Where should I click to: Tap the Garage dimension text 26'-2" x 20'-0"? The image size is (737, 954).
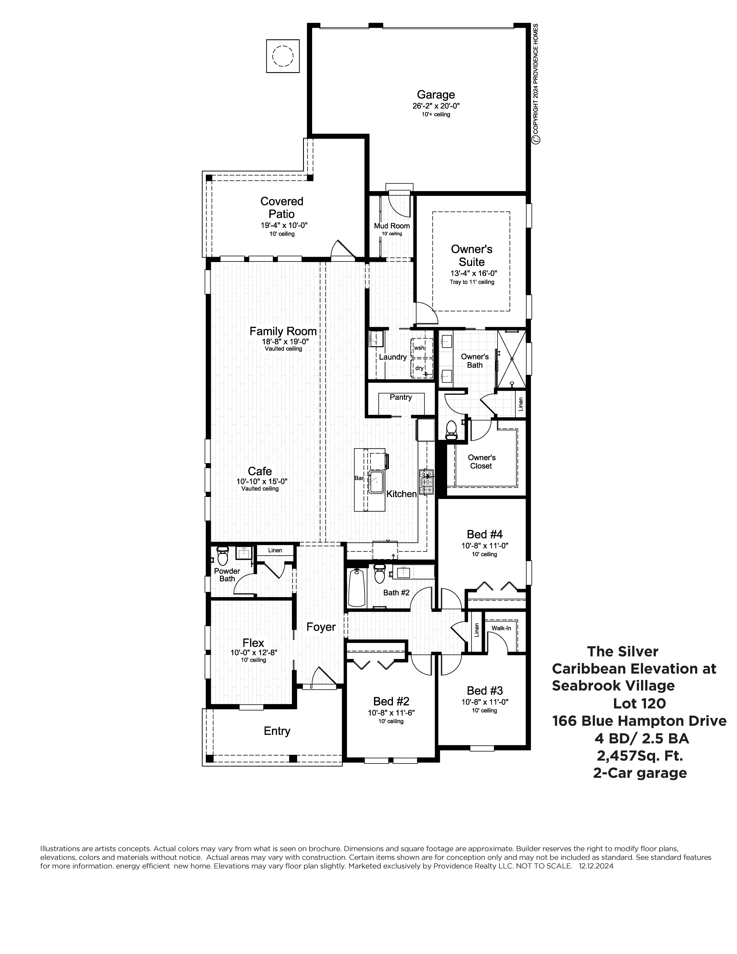coord(436,106)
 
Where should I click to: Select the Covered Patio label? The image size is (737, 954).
coord(282,207)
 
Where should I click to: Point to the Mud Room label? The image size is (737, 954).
coord(392,226)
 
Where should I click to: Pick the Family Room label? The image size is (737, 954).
coord(283,332)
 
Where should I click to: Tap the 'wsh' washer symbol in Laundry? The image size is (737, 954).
coord(419,348)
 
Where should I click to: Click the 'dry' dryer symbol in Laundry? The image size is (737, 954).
coord(419,368)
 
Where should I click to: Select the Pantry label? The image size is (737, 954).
coord(400,397)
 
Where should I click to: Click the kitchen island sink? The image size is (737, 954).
coord(375,482)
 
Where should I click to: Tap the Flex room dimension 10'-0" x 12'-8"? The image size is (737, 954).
coord(254,653)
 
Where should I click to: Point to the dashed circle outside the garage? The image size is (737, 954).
coord(283,56)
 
